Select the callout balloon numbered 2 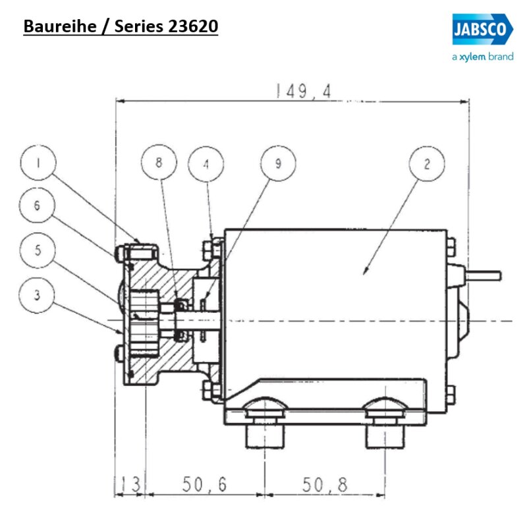(426, 164)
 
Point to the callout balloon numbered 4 (206, 164)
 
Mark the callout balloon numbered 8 (159, 164)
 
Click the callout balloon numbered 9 (277, 164)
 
